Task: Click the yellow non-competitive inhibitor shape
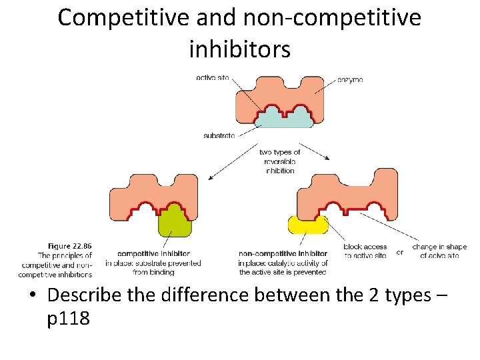coord(307,225)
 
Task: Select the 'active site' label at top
coord(213,78)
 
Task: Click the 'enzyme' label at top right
coord(349,79)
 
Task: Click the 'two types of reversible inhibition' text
coord(280,161)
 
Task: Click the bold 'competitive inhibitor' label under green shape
coord(153,253)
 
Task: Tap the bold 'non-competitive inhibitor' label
coord(283,253)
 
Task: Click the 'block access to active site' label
coord(365,251)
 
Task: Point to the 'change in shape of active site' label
coord(439,251)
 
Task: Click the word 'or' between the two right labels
coord(399,252)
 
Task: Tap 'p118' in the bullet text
coord(69,319)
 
